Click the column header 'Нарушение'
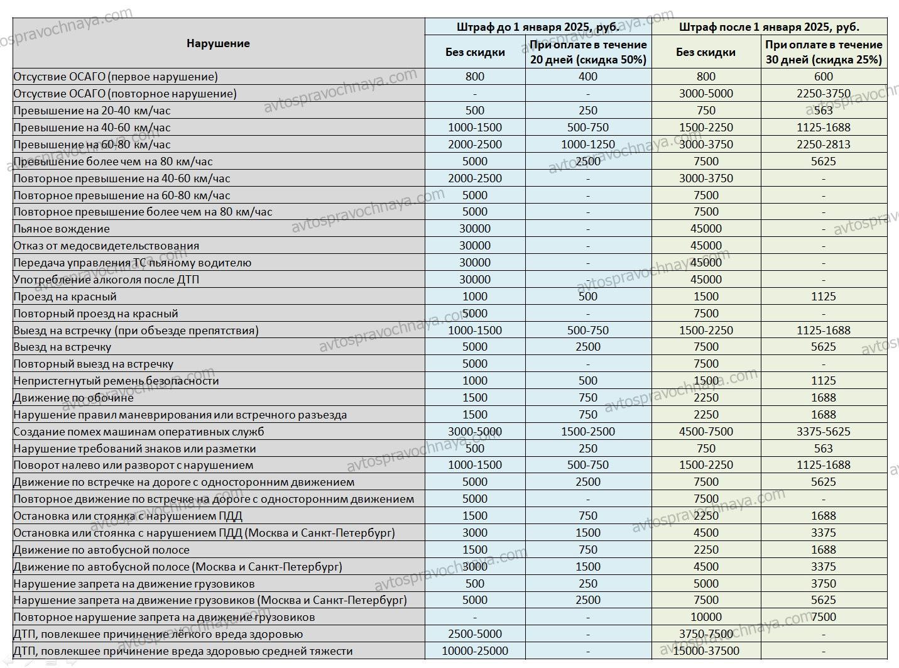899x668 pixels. (x=218, y=43)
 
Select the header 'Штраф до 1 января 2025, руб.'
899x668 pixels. (x=538, y=27)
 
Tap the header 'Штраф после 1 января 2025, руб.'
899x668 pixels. (x=769, y=27)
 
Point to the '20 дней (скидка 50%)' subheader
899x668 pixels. (x=588, y=60)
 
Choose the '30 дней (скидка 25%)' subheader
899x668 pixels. (x=824, y=60)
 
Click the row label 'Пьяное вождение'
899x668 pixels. (x=62, y=229)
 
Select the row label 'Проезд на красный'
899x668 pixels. (x=65, y=297)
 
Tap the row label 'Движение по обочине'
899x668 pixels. (x=74, y=398)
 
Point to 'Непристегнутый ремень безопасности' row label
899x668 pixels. (x=116, y=381)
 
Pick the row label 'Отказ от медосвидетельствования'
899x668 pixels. (x=106, y=246)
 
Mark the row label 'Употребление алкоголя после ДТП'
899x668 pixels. (x=106, y=280)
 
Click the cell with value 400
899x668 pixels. (x=588, y=77)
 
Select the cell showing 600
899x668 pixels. (x=824, y=77)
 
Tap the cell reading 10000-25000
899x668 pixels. (x=475, y=651)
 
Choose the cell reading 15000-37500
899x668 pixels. (x=706, y=651)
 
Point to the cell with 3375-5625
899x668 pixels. (x=824, y=432)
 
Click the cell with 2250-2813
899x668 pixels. (x=824, y=145)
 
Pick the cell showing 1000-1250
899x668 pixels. (x=588, y=145)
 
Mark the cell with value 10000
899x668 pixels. (x=706, y=617)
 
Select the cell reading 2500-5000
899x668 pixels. (x=475, y=634)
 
